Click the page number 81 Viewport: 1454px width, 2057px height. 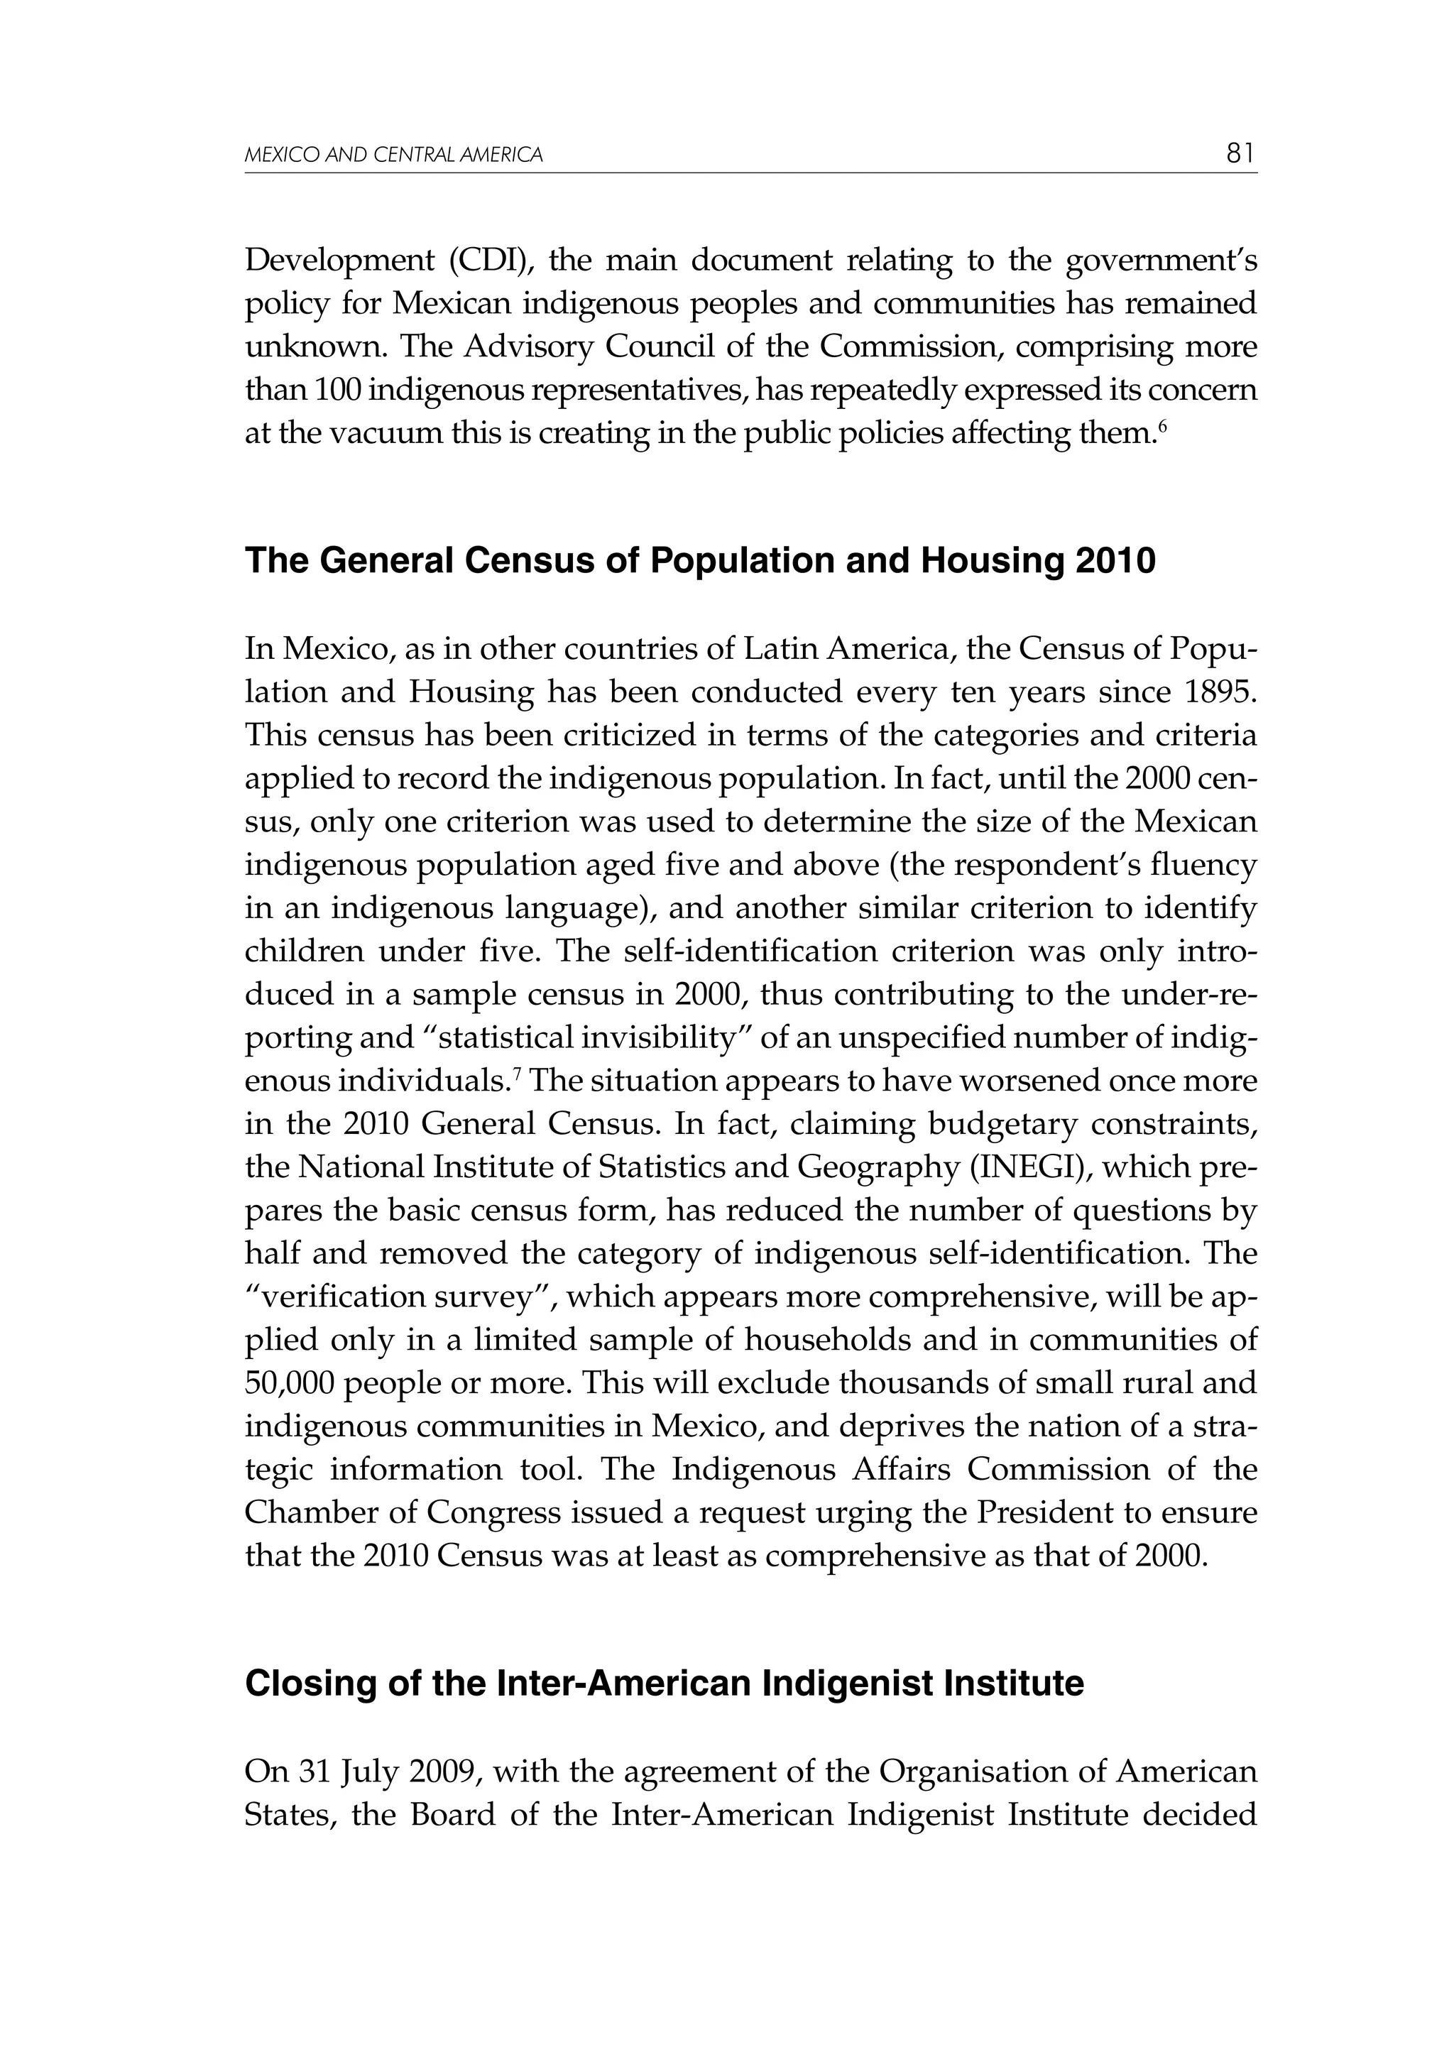tap(1241, 154)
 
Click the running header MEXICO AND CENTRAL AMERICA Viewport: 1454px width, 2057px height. tap(393, 156)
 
